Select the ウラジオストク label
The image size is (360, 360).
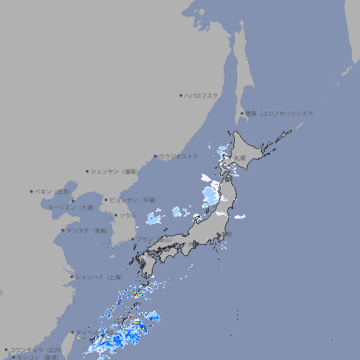tap(179, 156)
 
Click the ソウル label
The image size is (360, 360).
tap(128, 216)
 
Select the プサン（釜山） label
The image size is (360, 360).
tap(154, 240)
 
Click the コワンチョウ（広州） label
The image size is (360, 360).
tap(36, 349)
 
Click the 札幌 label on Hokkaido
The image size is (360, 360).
tap(240, 157)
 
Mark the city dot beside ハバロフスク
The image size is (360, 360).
tap(181, 96)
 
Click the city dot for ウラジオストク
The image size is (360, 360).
tap(155, 157)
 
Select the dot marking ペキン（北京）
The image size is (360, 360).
tap(32, 191)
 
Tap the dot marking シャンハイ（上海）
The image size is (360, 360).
tap(72, 277)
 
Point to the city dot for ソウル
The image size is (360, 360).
tap(116, 216)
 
